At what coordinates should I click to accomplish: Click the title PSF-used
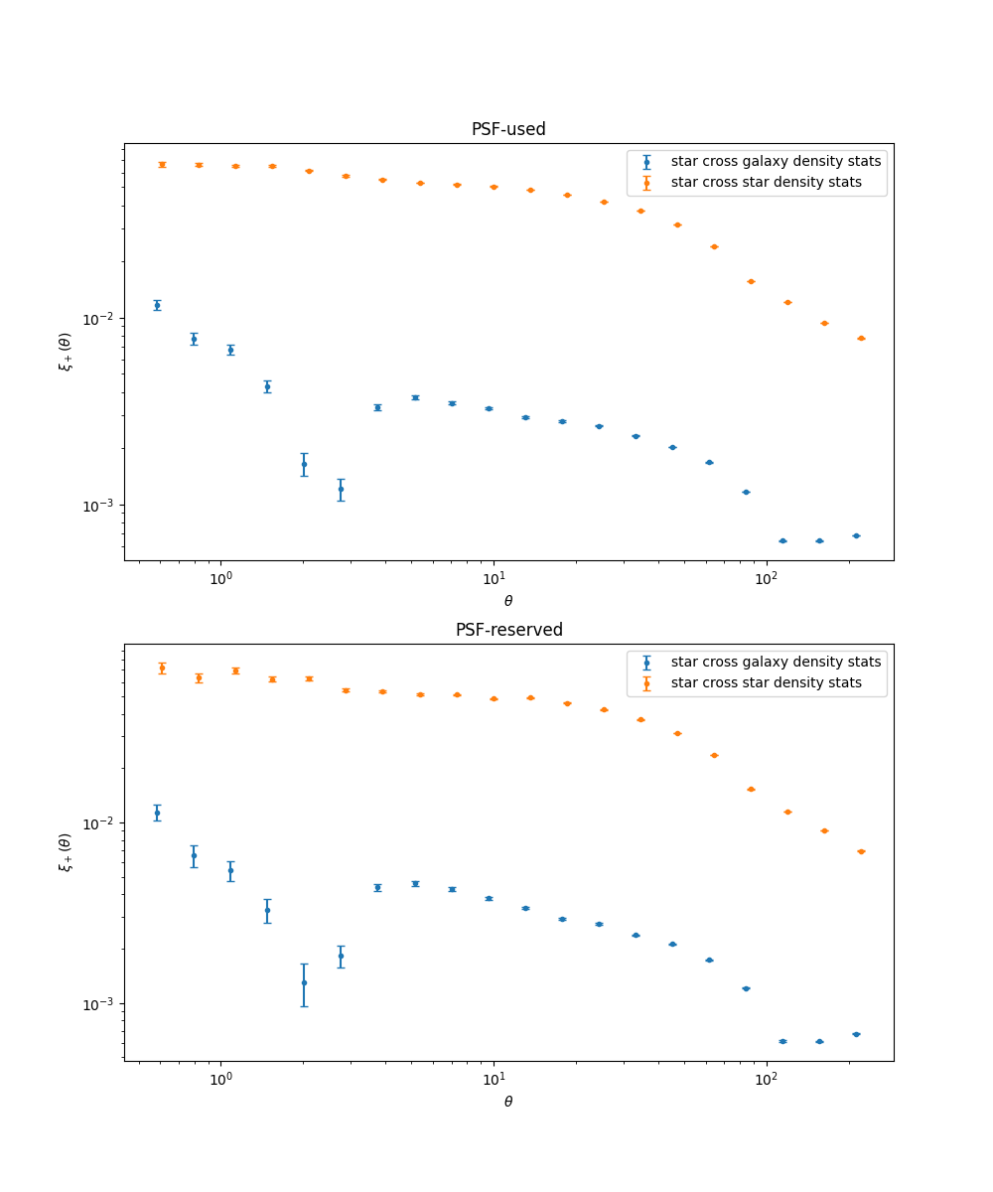(x=508, y=129)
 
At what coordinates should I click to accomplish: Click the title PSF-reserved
(x=508, y=630)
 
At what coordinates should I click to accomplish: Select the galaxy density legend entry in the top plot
(x=776, y=161)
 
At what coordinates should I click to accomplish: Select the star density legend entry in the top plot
(x=766, y=182)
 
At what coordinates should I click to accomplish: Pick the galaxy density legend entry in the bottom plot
(x=776, y=662)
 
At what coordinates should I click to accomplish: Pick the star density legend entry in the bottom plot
(x=766, y=682)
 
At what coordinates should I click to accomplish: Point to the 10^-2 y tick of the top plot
(x=101, y=319)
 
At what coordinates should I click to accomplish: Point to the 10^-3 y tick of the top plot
(x=101, y=506)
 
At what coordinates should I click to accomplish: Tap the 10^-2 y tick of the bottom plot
(x=101, y=823)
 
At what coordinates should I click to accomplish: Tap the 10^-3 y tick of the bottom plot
(x=101, y=1004)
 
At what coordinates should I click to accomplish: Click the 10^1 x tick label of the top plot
(x=494, y=578)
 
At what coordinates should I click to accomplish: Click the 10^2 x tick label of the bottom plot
(x=766, y=1079)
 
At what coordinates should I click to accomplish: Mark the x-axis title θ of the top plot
(x=508, y=601)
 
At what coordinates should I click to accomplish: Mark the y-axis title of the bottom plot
(x=65, y=852)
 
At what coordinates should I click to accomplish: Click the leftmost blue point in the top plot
(x=157, y=305)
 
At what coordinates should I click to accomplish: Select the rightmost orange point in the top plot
(x=861, y=338)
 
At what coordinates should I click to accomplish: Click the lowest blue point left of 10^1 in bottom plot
(x=304, y=982)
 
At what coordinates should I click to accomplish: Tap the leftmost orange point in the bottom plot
(x=162, y=668)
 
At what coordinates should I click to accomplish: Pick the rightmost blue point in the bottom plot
(x=856, y=1034)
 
